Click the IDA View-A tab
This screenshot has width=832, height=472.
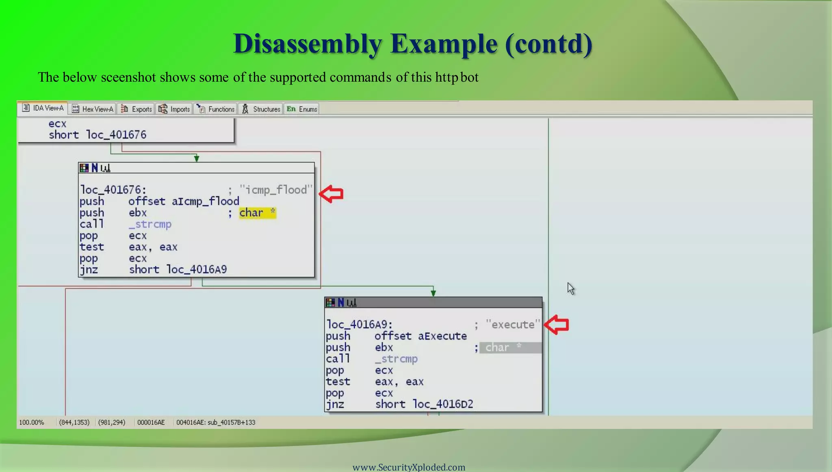click(x=43, y=108)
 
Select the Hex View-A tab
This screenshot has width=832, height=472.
click(x=93, y=109)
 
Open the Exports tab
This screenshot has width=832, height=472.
click(x=136, y=109)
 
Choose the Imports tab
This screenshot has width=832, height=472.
click(x=175, y=109)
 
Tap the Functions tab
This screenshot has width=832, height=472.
click(x=216, y=109)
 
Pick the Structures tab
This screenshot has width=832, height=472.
click(x=261, y=109)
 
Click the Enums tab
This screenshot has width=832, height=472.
click(x=302, y=109)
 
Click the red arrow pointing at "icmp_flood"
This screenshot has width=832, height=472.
click(x=331, y=194)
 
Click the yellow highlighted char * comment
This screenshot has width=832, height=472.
click(x=257, y=213)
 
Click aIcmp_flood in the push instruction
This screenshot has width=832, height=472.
click(x=205, y=201)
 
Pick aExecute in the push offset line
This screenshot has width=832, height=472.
click(x=442, y=336)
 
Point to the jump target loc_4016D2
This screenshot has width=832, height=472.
click(x=443, y=404)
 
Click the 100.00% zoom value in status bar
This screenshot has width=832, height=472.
click(x=32, y=422)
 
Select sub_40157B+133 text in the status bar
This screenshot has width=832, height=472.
click(x=231, y=422)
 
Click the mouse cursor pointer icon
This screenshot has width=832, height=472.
click(x=571, y=288)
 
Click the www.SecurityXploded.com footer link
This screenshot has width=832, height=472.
click(x=409, y=467)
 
